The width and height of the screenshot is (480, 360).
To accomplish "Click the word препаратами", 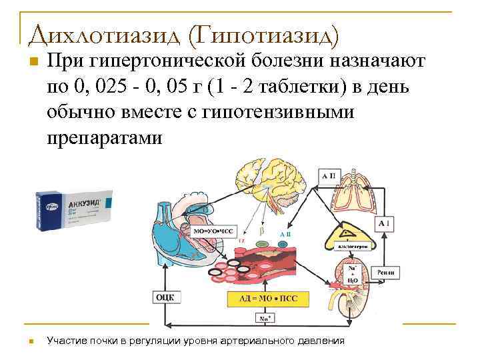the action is click(105, 137).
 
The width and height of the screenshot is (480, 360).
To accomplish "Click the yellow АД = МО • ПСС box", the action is click(269, 299).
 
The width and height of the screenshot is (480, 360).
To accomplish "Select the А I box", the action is click(385, 224).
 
